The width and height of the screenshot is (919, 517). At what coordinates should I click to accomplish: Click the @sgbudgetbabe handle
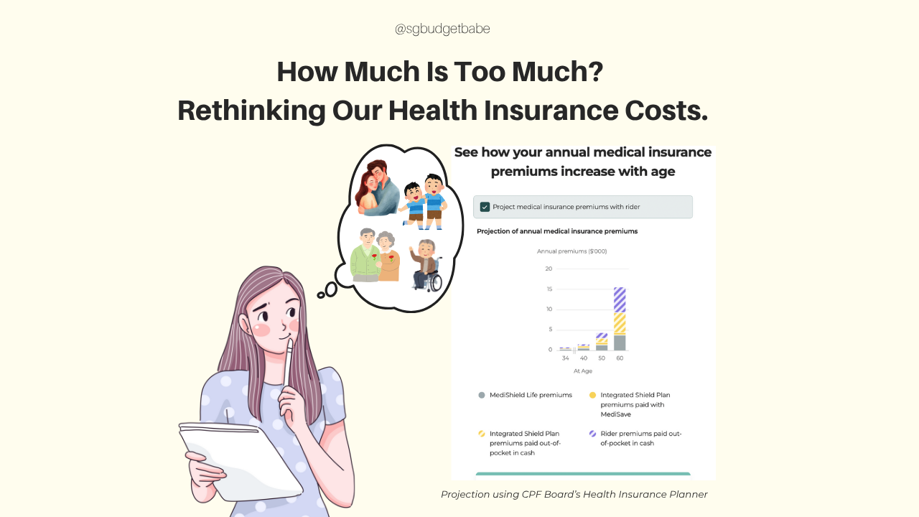(x=442, y=29)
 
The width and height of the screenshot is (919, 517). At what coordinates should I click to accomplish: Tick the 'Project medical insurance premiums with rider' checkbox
(x=485, y=207)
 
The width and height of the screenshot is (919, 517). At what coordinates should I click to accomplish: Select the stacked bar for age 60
(x=620, y=319)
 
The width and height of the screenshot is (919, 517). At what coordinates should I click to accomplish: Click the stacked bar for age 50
(x=602, y=341)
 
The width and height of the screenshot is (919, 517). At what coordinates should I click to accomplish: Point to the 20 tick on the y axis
(x=549, y=269)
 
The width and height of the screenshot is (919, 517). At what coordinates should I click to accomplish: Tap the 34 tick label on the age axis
(x=565, y=358)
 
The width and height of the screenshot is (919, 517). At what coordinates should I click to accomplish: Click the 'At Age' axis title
(x=582, y=371)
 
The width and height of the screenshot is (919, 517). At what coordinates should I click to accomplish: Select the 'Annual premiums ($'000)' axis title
(x=572, y=251)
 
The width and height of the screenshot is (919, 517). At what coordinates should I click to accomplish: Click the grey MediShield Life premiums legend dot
(x=482, y=395)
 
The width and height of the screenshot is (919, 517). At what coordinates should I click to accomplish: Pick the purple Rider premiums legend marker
(x=592, y=434)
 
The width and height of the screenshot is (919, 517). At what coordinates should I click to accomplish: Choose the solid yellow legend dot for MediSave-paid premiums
(x=592, y=395)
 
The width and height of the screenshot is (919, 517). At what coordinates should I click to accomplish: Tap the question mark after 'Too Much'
(x=596, y=71)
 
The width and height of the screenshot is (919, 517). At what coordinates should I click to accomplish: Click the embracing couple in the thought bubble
(x=377, y=188)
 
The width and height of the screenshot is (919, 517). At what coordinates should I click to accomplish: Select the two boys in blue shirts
(x=424, y=202)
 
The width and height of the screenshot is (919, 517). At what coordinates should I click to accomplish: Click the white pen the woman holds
(x=289, y=362)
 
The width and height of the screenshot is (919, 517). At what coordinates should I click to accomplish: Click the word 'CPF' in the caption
(x=531, y=495)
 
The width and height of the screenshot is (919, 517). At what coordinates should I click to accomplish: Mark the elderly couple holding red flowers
(x=375, y=255)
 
